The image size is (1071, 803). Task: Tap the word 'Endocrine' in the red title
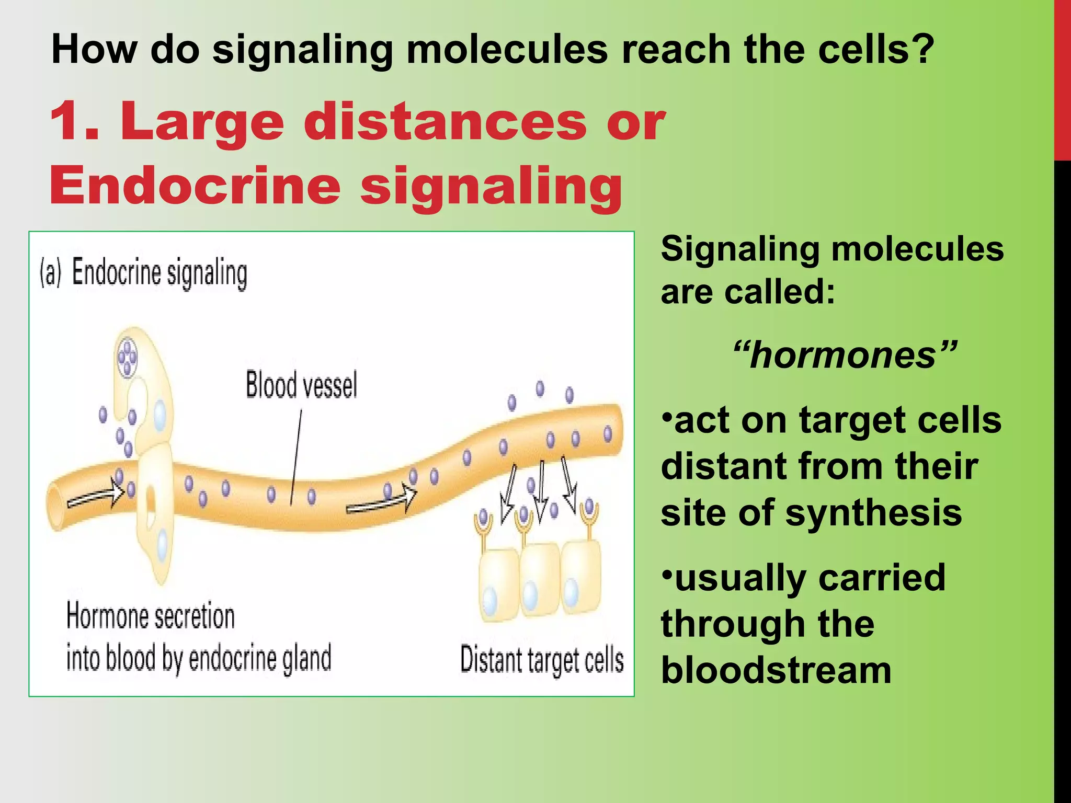195,186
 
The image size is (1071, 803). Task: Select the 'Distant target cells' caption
542,660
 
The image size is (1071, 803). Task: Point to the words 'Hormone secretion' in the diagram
151,616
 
